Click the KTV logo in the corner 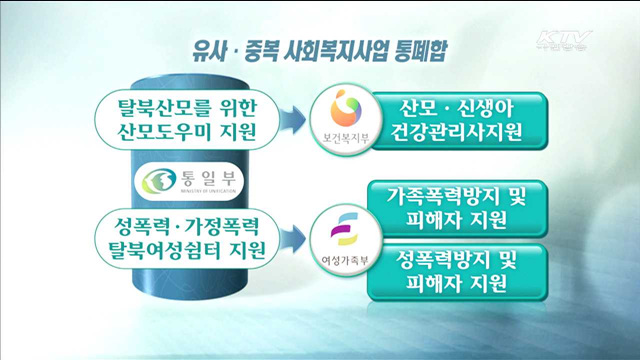(566, 42)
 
